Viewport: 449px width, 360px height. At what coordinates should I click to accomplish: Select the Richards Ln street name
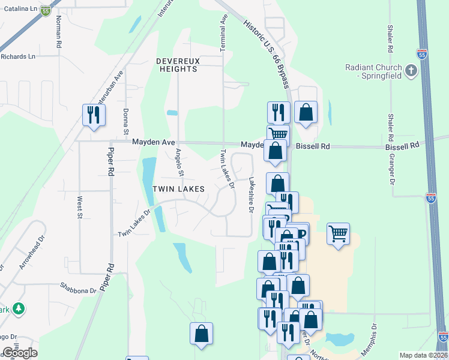(18, 56)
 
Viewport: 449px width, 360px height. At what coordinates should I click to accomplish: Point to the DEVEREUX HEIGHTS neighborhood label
(176, 65)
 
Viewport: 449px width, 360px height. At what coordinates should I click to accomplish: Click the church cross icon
(411, 71)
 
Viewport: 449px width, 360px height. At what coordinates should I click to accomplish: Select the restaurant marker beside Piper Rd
(94, 115)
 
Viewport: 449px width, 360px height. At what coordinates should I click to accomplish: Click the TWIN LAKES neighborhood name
(178, 189)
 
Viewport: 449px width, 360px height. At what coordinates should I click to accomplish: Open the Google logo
(20, 353)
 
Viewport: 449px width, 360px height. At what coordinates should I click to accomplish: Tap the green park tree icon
(19, 308)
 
